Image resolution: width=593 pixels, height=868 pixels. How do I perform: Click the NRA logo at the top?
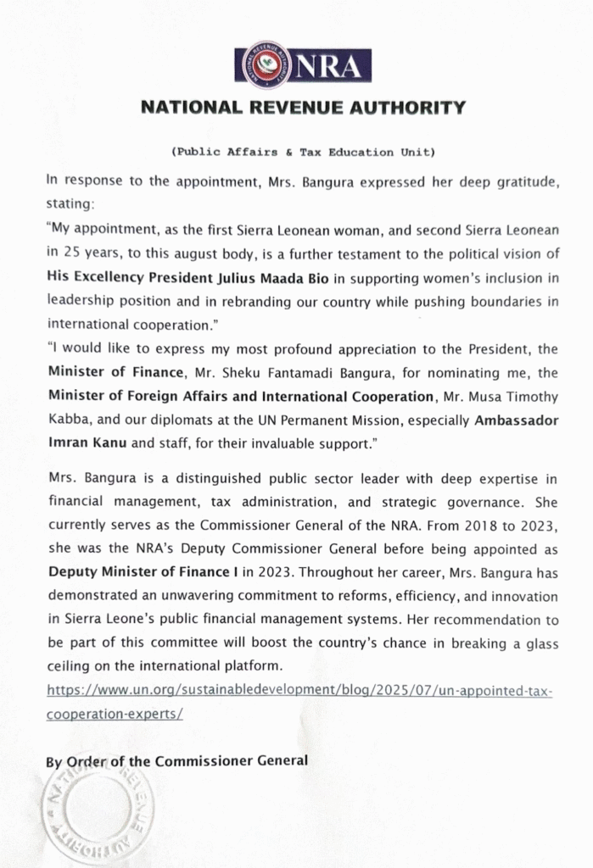(303, 64)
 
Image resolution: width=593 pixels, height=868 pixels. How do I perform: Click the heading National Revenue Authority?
(302, 108)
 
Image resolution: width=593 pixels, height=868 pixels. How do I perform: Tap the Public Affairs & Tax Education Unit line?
(303, 153)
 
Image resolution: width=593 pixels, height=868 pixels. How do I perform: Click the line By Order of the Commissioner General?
(176, 760)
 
